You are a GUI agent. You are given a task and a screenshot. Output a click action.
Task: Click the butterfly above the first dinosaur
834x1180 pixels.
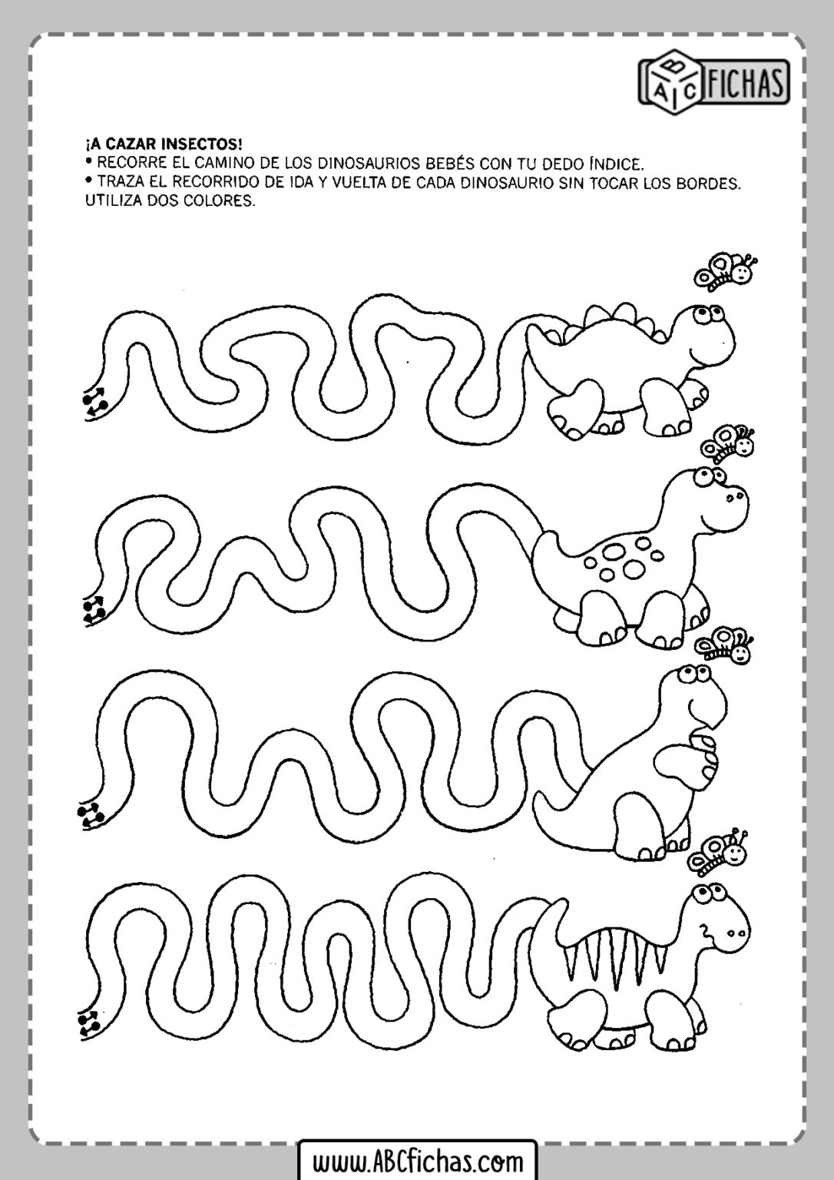726,271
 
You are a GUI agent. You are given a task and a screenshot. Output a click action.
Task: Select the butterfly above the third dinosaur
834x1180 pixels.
725,645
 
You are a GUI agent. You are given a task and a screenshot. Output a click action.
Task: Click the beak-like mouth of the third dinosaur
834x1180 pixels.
708,711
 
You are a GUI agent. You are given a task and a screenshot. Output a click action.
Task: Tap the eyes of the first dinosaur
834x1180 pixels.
707,316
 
